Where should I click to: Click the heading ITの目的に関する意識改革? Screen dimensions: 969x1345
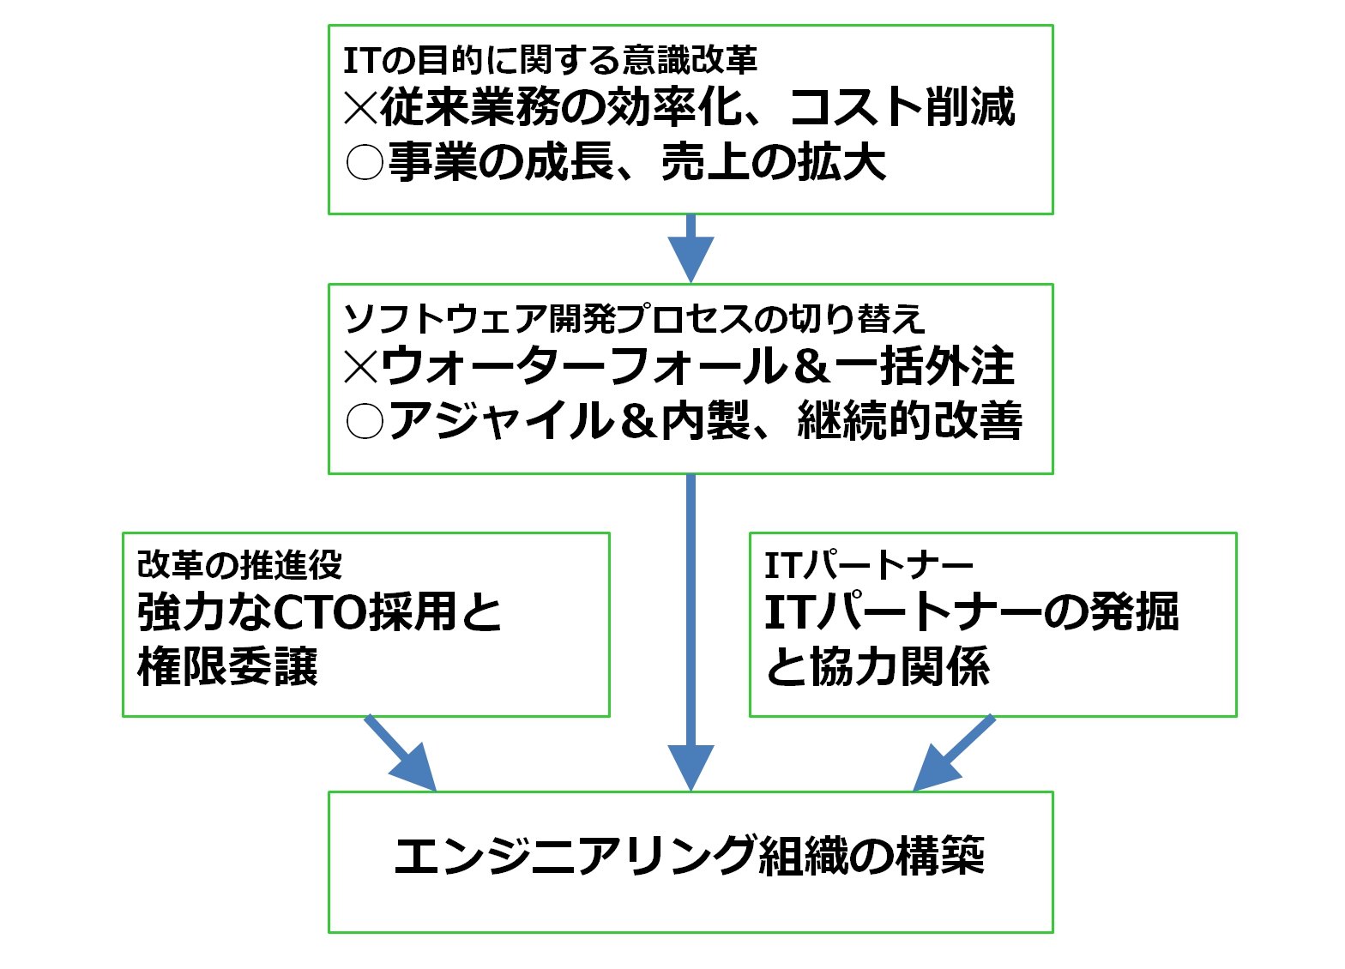[550, 61]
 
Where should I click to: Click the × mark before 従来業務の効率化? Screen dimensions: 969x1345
[361, 108]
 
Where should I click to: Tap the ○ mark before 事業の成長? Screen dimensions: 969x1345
[364, 162]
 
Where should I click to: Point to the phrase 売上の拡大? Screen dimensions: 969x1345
[773, 162]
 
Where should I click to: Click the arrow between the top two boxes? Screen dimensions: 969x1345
[691, 249]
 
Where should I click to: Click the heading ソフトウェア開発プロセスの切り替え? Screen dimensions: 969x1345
[634, 319]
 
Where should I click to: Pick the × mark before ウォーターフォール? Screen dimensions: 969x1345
[361, 367]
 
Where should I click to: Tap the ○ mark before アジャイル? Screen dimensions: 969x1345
[364, 421]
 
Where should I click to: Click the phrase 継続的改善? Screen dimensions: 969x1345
[910, 421]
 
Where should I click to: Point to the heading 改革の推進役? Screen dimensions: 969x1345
[240, 565]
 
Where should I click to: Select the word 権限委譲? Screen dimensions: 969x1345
[228, 666]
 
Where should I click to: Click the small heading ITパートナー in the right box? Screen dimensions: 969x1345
[869, 565]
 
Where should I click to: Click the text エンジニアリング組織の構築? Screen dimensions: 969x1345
[690, 856]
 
